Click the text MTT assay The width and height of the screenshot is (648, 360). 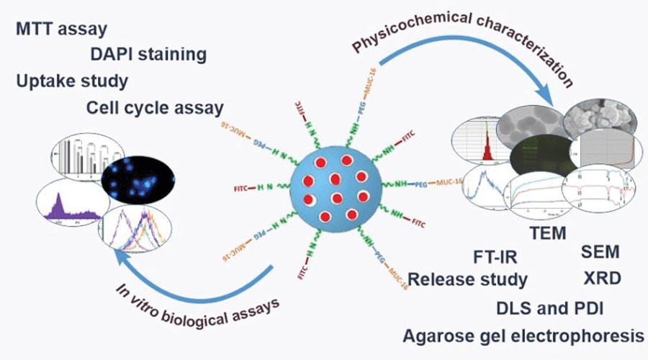tap(61, 30)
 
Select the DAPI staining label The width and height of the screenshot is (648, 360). tap(148, 54)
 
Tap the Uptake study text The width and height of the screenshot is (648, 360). tap(71, 81)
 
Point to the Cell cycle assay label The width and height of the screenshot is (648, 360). tap(154, 107)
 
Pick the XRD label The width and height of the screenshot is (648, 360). tap(600, 277)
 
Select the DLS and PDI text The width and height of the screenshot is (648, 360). tap(550, 307)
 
